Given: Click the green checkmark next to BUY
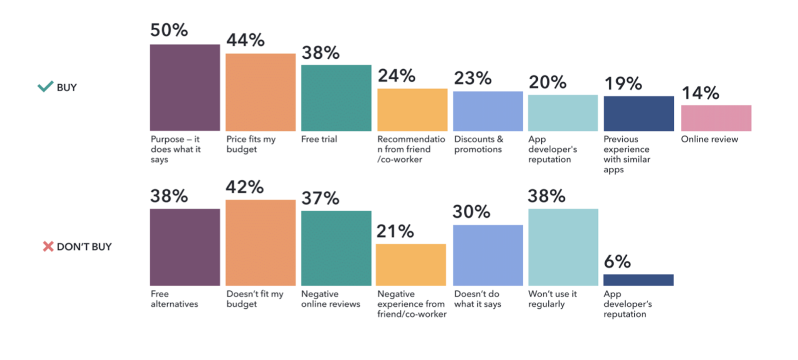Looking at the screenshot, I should click(x=46, y=87).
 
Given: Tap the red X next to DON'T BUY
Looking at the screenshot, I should click(x=48, y=246).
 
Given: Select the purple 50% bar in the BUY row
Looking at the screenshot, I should click(x=185, y=87).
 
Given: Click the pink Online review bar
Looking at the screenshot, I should click(x=716, y=118).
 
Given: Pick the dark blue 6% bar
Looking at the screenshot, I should click(x=638, y=280).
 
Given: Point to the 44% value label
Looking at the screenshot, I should click(x=245, y=40).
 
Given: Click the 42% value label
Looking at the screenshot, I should click(x=245, y=187).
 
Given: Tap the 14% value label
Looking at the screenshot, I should click(x=700, y=93).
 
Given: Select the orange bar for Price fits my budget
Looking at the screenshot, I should click(x=260, y=92).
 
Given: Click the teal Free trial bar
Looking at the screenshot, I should click(x=336, y=98).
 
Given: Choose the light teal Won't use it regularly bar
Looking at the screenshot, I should click(x=563, y=247).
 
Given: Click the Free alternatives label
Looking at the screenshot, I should click(x=174, y=299).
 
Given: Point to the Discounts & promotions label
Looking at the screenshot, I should click(x=478, y=144).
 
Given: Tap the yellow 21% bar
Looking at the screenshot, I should click(x=411, y=264).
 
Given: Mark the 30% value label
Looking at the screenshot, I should click(x=472, y=212).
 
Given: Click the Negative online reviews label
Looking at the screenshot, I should click(x=330, y=299).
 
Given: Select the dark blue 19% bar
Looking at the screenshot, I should click(x=638, y=114).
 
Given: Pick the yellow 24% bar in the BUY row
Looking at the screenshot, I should click(x=412, y=109).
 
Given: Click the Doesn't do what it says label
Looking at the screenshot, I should click(x=477, y=299).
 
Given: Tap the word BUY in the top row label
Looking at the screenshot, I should click(x=66, y=87).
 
